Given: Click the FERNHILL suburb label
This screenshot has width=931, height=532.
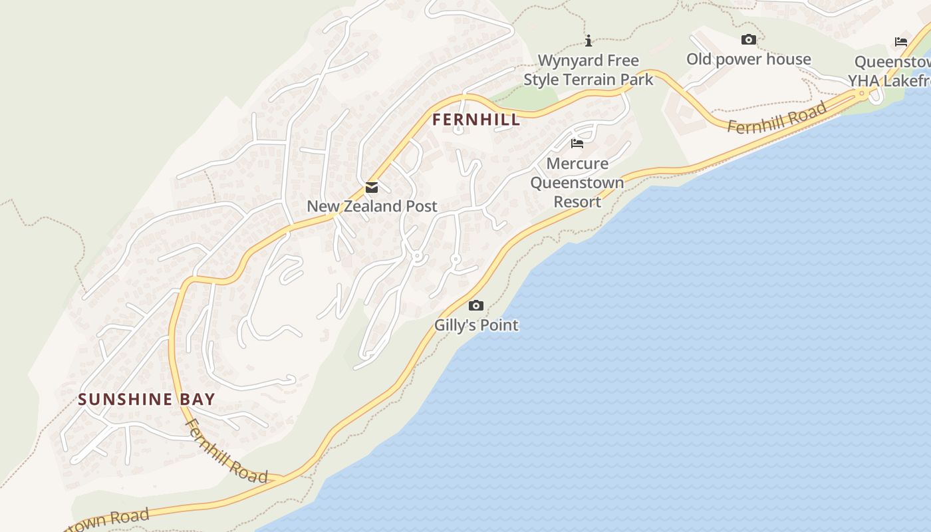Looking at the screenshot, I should click(475, 120).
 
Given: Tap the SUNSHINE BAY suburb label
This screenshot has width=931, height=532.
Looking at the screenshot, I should click(146, 400).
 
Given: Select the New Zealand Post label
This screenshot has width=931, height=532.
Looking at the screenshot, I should click(372, 206).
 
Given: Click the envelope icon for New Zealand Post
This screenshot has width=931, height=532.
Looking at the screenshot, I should click(372, 188).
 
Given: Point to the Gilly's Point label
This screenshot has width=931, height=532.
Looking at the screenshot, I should click(476, 325).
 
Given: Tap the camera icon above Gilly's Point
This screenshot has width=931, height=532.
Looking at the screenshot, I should click(476, 306).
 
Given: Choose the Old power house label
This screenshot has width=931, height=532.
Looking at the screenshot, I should click(748, 59).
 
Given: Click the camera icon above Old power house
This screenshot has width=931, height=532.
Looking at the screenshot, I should click(749, 40).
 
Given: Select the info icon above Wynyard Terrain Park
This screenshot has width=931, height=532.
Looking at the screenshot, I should click(589, 41).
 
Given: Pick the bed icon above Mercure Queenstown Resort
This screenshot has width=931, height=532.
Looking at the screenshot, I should click(577, 144).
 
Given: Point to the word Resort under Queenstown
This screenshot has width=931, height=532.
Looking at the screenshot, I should click(577, 201).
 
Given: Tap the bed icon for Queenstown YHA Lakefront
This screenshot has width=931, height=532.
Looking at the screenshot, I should click(901, 42).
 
